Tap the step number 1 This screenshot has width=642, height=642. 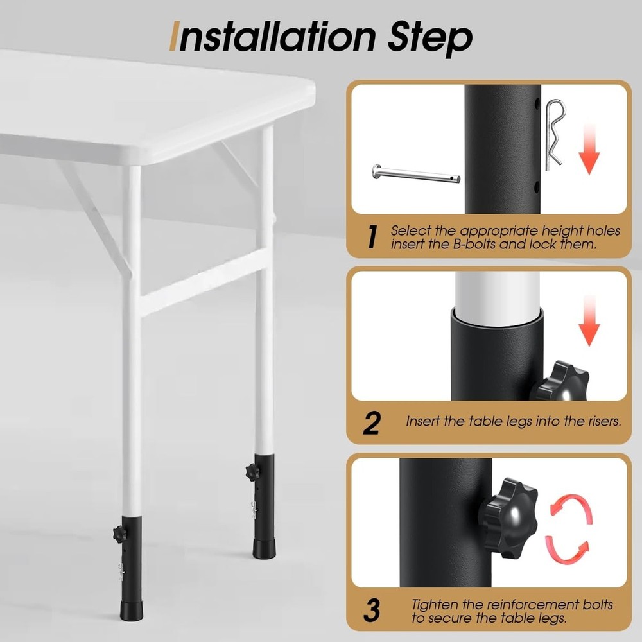pos(372,237)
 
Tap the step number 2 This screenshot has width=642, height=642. pos(372,422)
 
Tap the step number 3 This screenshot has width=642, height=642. pos(372,609)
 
